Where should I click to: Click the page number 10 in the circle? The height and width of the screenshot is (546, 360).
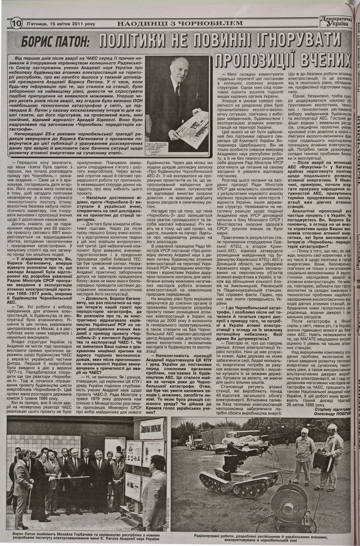click(16, 23)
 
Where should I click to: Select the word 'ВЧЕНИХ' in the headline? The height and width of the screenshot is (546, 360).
click(325, 60)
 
